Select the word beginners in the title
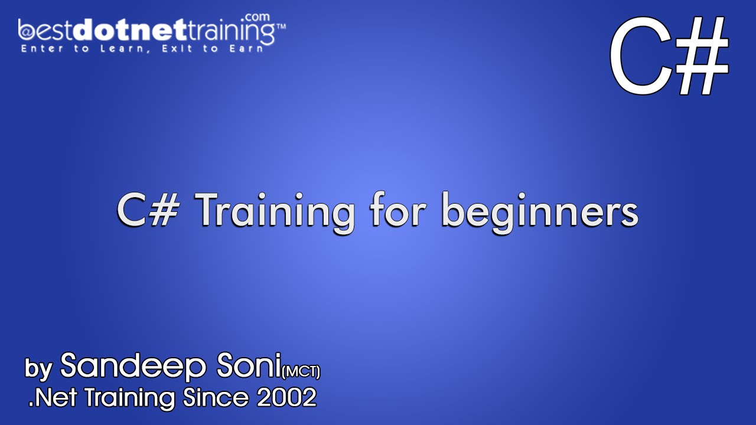click(540, 211)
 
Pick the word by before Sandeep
click(39, 369)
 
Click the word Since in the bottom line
click(216, 398)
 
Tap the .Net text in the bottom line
click(52, 398)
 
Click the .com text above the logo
click(260, 17)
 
